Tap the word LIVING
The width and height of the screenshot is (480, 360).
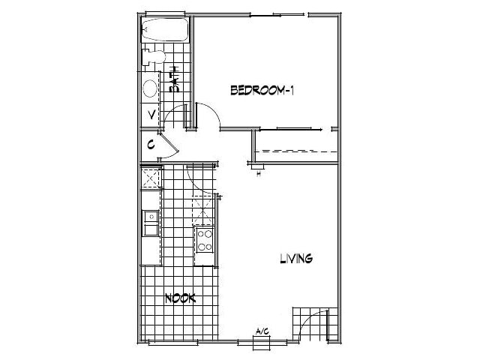[295, 259]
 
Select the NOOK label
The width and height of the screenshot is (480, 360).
[179, 298]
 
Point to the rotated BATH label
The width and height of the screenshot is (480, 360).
[174, 79]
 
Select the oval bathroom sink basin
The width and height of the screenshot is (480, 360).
[150, 89]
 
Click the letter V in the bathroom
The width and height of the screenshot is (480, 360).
[151, 115]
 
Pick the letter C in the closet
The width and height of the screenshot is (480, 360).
[151, 144]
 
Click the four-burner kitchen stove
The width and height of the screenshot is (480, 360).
[204, 241]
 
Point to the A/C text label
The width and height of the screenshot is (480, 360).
[262, 331]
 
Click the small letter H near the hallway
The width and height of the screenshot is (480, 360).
[258, 175]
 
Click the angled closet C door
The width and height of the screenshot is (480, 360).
[170, 146]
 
